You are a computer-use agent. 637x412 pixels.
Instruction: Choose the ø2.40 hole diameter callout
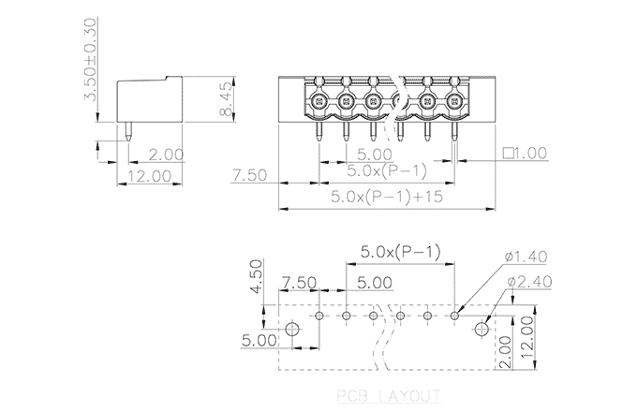click(526, 281)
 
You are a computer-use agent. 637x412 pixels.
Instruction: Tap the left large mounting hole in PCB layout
click(292, 330)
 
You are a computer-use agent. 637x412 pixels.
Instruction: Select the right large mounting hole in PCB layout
click(483, 330)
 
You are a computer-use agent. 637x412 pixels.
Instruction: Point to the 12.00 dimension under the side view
click(149, 175)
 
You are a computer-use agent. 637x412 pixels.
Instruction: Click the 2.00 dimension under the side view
click(165, 154)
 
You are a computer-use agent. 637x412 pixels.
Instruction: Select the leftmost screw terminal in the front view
click(319, 101)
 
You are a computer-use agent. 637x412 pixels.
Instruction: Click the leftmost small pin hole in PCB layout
click(319, 316)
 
